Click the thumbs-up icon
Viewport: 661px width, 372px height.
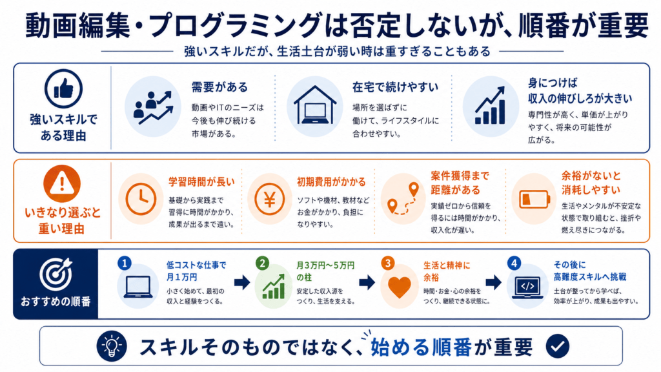(x=64, y=88)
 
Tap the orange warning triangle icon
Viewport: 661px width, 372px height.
(x=62, y=183)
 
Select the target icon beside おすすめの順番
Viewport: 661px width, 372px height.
(x=56, y=274)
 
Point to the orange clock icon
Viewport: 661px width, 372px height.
(x=141, y=199)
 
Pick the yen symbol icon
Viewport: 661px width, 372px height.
(x=270, y=199)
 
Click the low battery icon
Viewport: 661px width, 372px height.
(x=534, y=199)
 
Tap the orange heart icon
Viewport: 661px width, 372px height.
(x=399, y=287)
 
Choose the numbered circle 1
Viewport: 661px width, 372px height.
(x=125, y=263)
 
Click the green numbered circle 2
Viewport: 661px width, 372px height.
(x=262, y=263)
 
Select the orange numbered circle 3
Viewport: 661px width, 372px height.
(x=387, y=263)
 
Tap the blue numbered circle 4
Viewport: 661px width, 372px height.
(x=514, y=263)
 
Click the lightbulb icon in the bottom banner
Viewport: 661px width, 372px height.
(x=112, y=346)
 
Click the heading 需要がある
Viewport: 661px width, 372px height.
(x=219, y=87)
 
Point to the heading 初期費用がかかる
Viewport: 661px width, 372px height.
(x=331, y=181)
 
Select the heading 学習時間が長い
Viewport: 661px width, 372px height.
(x=201, y=181)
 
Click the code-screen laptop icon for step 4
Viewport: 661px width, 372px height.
(x=527, y=287)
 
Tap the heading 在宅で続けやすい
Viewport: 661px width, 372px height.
(x=396, y=87)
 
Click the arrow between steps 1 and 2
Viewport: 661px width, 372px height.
(x=242, y=282)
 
